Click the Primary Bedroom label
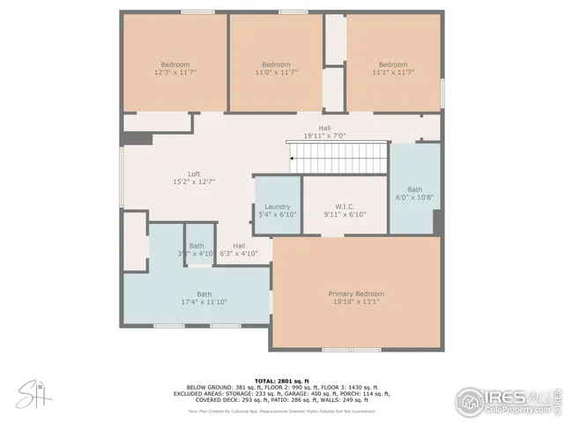356,293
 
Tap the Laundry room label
278,207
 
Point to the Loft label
194,174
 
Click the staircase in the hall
338,160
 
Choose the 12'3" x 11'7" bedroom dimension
174,72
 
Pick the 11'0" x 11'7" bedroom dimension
276,72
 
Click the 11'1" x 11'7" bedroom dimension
393,72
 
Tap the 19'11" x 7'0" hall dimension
324,136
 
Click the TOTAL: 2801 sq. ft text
281,379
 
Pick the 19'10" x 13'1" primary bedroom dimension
356,301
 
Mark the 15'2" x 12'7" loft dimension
194,182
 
